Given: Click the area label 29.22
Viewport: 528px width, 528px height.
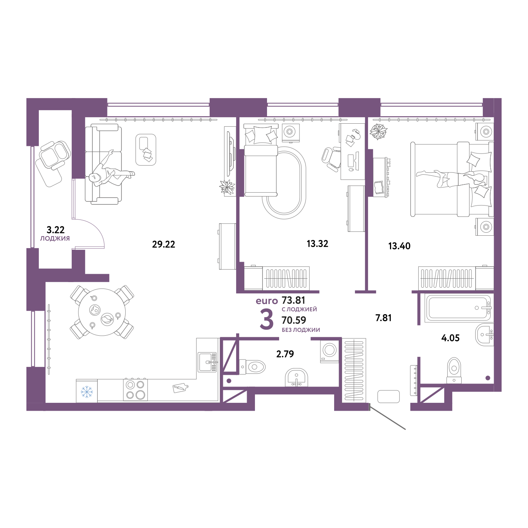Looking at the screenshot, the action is point(164,244).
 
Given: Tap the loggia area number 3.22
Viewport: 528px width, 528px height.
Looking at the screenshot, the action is point(55,229).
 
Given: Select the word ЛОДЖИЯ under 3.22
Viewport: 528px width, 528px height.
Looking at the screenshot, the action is point(55,238).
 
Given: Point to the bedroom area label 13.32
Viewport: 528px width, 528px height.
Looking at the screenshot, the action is point(317,244).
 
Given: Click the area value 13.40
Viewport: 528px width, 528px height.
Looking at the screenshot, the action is point(399,246).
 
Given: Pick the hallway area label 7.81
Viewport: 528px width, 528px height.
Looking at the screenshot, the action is point(383,318).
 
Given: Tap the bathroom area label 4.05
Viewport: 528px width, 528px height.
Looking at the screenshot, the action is point(450,338).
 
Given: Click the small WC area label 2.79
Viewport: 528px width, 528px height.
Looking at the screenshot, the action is point(285,354).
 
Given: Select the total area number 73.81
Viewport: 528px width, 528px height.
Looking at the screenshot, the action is point(293,300).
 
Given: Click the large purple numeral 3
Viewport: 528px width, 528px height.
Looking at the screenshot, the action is point(267,319).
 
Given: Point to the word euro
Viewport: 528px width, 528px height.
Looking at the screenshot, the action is point(267,301).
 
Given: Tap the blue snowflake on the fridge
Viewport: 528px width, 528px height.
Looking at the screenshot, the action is point(87,392).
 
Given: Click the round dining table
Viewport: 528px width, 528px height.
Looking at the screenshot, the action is point(102,312).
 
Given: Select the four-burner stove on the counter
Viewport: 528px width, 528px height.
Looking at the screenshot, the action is point(136,390).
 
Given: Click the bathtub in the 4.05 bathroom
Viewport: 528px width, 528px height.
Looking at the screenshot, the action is point(457,308).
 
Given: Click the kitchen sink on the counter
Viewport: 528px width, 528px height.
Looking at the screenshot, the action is point(207,362).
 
